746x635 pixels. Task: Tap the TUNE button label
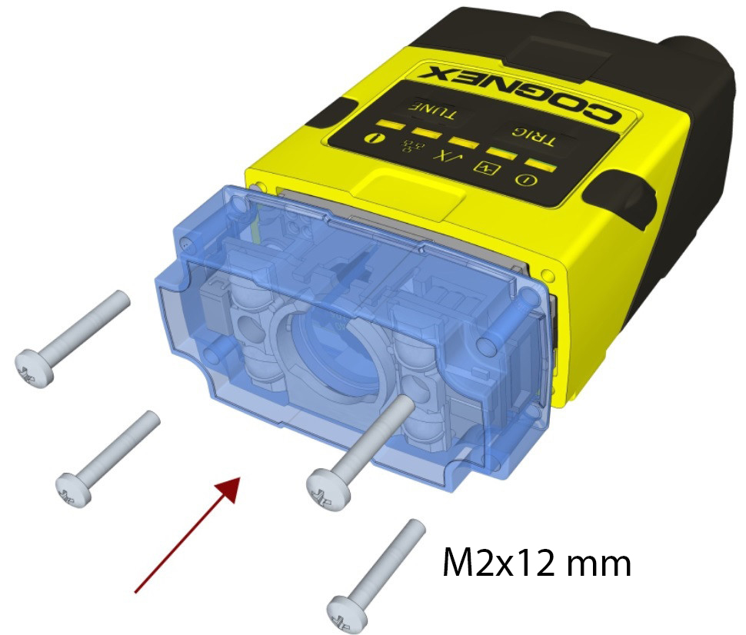click(434, 111)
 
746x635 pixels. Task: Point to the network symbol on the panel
click(408, 145)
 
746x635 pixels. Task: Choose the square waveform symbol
click(488, 168)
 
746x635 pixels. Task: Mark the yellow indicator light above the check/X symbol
click(461, 141)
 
